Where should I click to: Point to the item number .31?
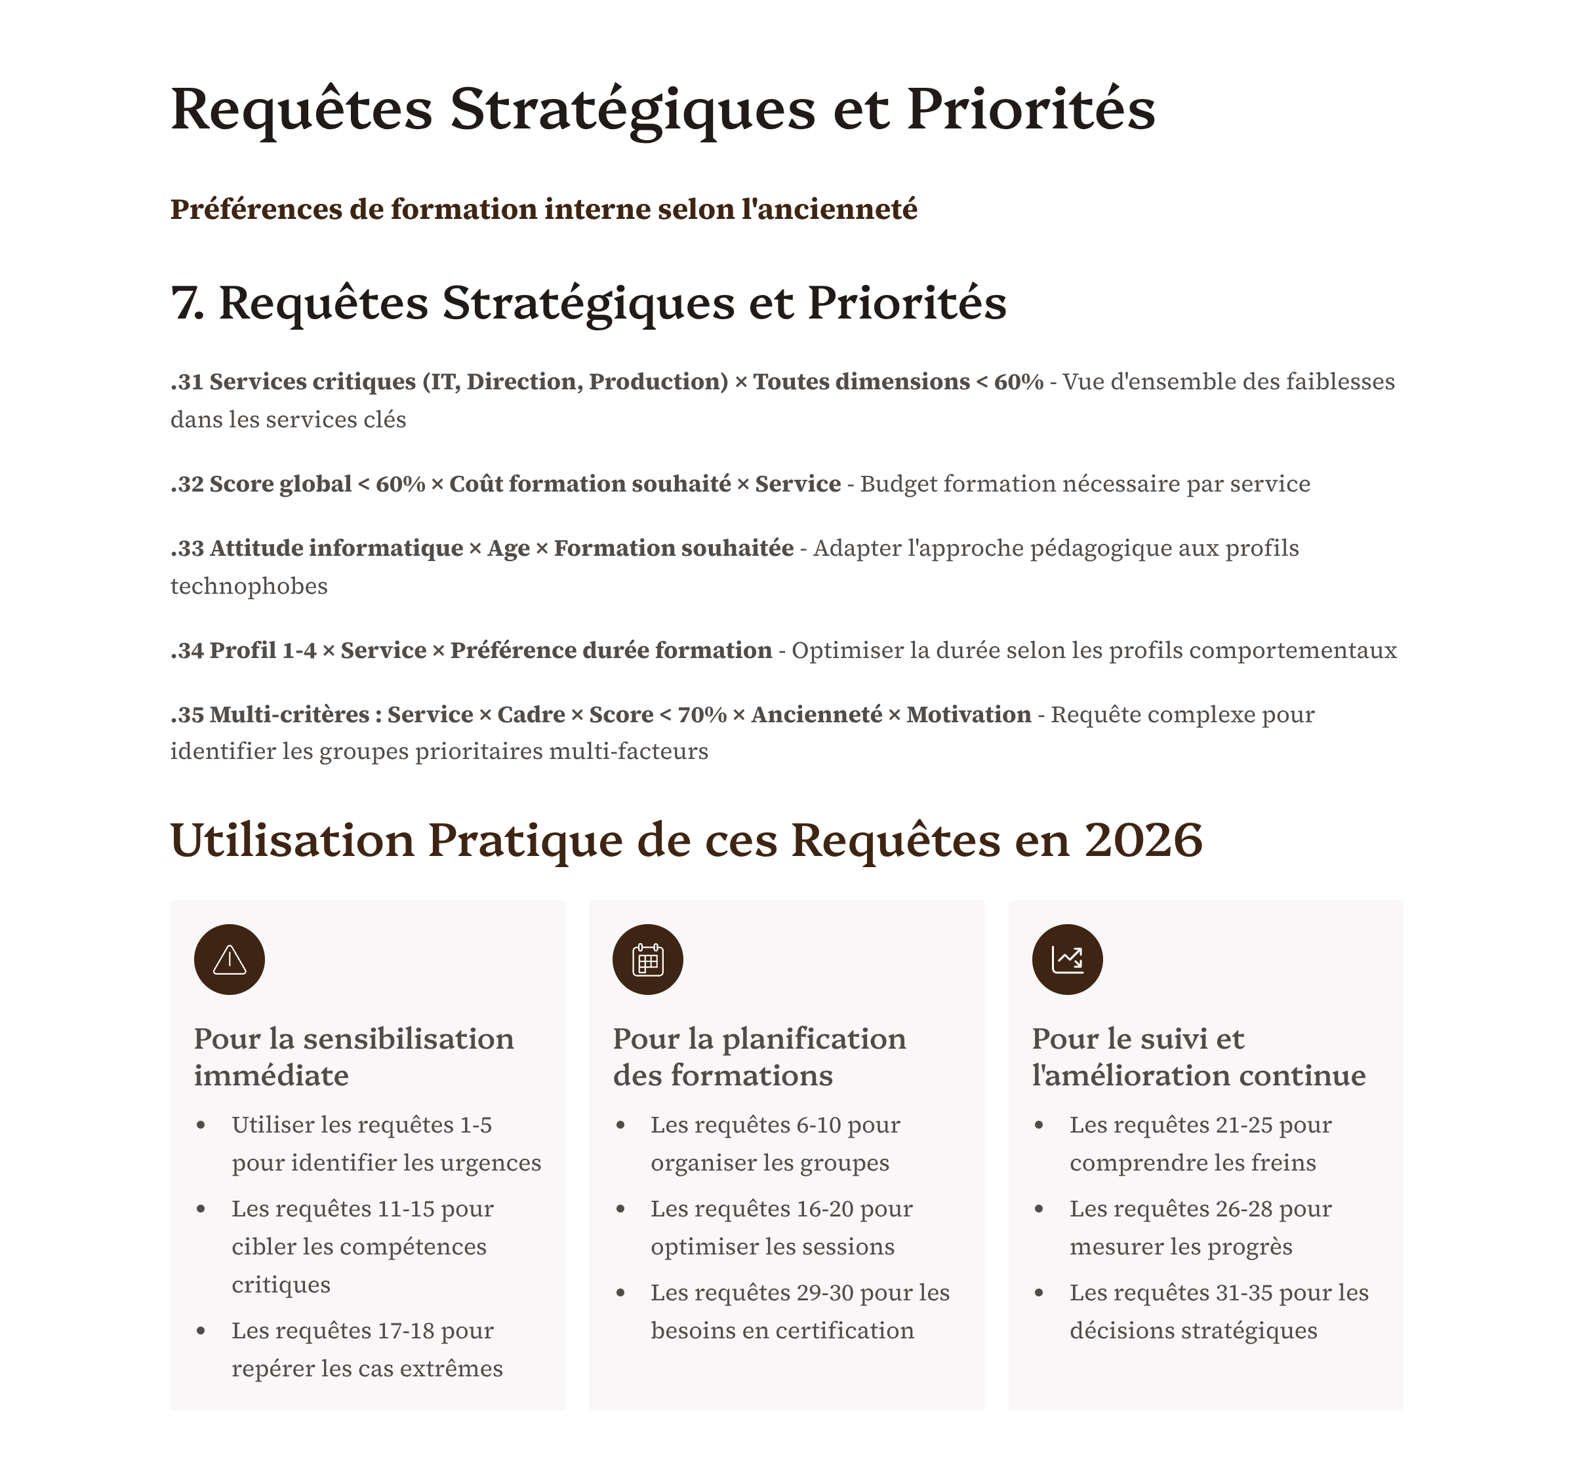tap(187, 381)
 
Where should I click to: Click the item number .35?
tap(187, 714)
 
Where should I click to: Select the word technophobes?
tap(249, 587)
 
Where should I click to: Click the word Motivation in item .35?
tap(968, 714)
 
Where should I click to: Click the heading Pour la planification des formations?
tap(759, 1057)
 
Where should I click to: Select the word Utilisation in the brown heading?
tap(292, 840)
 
